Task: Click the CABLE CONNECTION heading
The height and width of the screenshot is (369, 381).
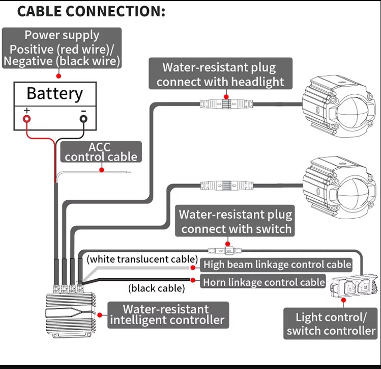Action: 91,11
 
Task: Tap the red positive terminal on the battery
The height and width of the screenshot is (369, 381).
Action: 27,119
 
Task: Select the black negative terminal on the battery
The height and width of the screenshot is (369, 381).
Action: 83,119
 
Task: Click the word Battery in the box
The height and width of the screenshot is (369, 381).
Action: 54,94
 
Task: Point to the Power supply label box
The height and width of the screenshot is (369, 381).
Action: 62,48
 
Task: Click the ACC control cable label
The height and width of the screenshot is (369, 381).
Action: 101,152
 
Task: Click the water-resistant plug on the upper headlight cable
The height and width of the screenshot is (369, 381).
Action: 226,104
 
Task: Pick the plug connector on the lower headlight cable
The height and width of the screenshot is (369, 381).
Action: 227,186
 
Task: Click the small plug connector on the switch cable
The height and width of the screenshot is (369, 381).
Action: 225,250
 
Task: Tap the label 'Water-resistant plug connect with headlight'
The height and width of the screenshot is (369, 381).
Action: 220,73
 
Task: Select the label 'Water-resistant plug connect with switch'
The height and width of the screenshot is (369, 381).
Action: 235,221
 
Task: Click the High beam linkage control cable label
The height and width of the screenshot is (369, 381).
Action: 276,265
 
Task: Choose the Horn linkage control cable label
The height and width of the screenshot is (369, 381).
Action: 263,282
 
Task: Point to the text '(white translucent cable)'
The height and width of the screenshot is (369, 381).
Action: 142,259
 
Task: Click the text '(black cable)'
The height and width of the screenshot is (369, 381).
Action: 157,288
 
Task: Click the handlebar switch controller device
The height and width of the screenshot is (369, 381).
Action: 354,286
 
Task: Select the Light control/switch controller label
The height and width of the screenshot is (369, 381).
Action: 331,324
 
